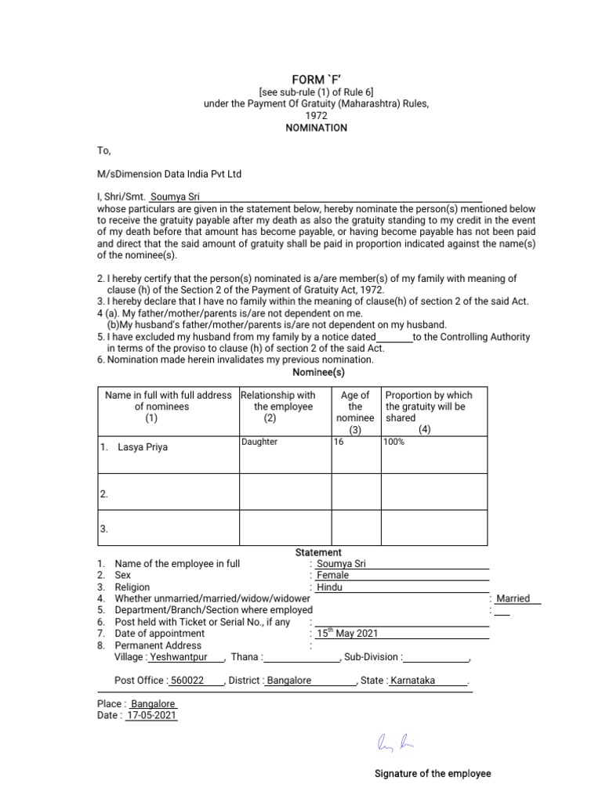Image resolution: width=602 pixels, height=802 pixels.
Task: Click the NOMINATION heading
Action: pos(316,128)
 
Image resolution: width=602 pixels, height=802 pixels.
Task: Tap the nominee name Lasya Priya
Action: pos(142,447)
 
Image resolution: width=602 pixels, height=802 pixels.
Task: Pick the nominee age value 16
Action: pos(339,442)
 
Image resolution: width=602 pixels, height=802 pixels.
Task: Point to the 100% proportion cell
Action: pos(393,442)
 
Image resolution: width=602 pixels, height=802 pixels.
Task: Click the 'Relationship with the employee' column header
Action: pos(278,406)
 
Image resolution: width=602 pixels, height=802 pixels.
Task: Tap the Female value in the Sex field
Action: pos(332,575)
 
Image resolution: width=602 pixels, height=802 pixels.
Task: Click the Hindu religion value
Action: pos(329,587)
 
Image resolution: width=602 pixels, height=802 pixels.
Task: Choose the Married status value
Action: pos(513,598)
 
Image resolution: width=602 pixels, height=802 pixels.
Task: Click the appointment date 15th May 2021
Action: pos(347,634)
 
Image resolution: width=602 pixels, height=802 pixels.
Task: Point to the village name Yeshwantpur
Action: pos(179,657)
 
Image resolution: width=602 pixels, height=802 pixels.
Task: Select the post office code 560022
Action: pos(187,681)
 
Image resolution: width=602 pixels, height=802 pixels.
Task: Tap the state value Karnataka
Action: pos(412,681)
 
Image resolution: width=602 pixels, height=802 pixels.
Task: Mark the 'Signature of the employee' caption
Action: pos(433,774)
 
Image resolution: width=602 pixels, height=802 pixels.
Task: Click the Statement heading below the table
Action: pos(317,552)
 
